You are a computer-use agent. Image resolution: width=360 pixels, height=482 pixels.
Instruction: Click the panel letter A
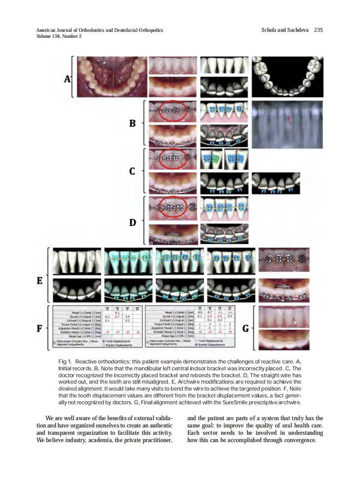pos(67,79)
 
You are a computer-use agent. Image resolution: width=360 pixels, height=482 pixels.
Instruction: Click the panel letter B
pos(133,123)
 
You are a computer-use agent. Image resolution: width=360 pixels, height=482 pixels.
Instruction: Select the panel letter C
pos(133,171)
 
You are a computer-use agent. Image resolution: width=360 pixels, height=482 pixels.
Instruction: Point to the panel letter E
pos(40,281)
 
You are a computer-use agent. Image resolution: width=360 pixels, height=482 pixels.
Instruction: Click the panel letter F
pos(40,329)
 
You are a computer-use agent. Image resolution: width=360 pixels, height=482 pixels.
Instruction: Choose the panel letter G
pos(246,329)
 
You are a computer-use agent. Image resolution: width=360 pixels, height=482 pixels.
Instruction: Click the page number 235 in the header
pos(318,30)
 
